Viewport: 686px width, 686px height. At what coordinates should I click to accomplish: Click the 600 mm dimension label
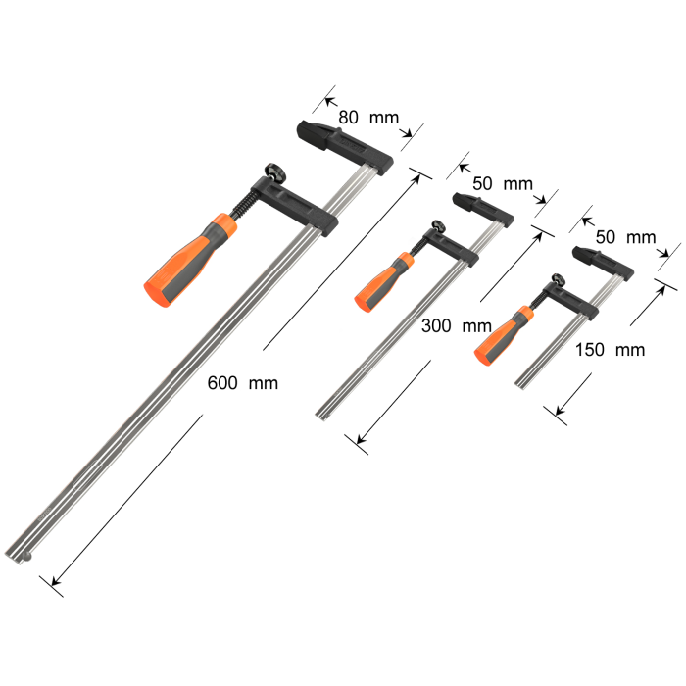(x=242, y=383)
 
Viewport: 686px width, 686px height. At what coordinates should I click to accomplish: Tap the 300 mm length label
(x=455, y=325)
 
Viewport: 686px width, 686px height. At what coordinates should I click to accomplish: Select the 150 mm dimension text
(x=610, y=350)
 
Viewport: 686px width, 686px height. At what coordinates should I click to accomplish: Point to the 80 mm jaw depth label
(x=368, y=118)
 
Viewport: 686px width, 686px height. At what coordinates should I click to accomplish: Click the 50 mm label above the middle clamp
(x=502, y=183)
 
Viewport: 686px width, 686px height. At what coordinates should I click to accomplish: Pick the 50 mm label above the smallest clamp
(x=625, y=237)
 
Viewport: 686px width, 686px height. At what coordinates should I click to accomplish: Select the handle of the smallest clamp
(x=502, y=332)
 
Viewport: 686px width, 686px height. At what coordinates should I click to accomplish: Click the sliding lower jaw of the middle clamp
(x=456, y=250)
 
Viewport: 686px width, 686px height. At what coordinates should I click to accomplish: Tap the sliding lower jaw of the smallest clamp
(x=579, y=302)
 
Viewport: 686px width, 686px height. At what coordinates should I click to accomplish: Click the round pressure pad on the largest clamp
(x=272, y=172)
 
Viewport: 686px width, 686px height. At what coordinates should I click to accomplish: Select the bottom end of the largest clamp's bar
(x=22, y=554)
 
